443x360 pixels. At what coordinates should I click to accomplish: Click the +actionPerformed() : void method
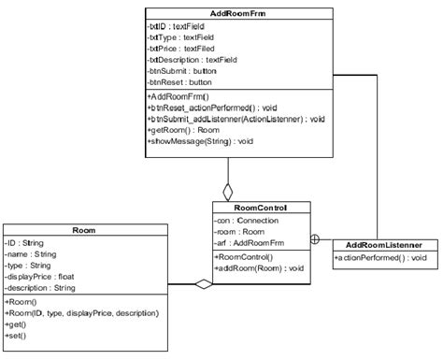click(x=380, y=257)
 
